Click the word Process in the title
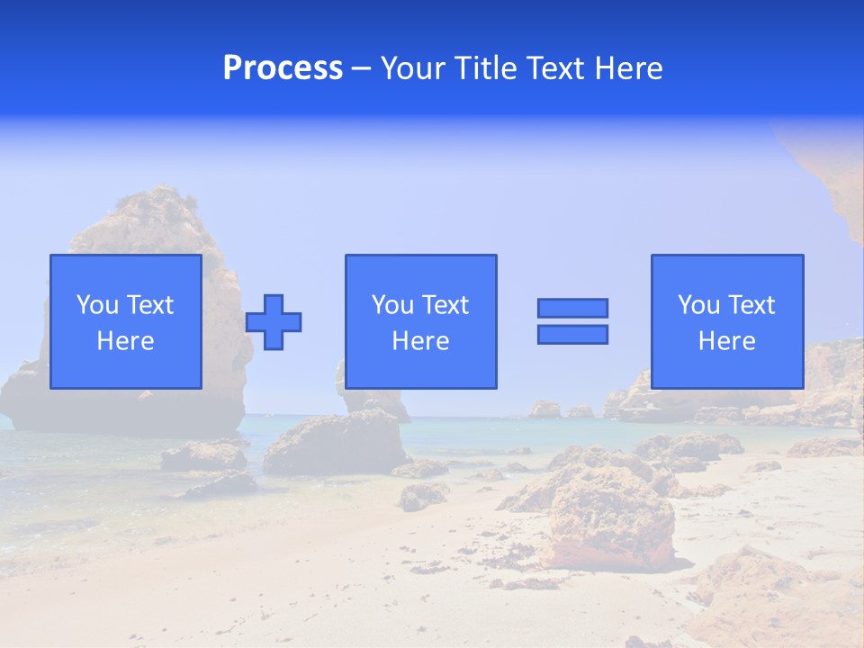pyautogui.click(x=283, y=68)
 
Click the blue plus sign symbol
pyautogui.click(x=274, y=322)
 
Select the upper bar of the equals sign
pyautogui.click(x=572, y=308)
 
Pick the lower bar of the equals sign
pyautogui.click(x=572, y=335)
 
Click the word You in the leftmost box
pyautogui.click(x=97, y=305)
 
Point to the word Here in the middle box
pyautogui.click(x=420, y=341)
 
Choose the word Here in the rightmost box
pyautogui.click(x=727, y=341)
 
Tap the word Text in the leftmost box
pyautogui.click(x=150, y=305)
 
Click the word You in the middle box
pyautogui.click(x=392, y=305)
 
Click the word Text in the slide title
pyautogui.click(x=550, y=68)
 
